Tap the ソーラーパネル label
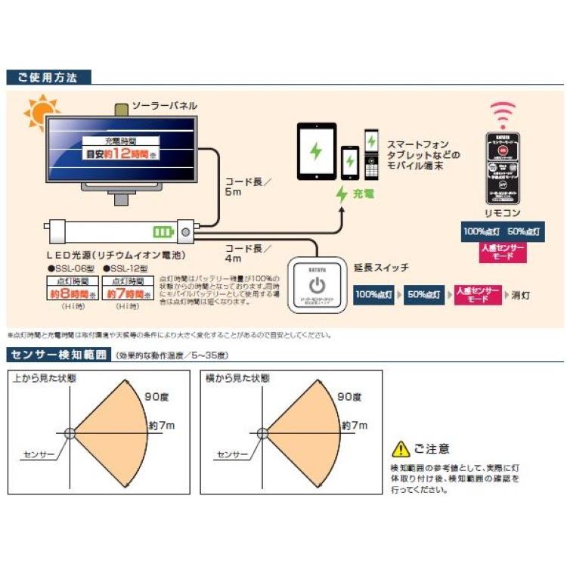click(164, 106)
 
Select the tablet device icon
click(316, 151)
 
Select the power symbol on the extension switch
click(318, 287)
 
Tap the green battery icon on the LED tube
click(162, 231)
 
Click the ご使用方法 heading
click(47, 77)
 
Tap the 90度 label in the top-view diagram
click(156, 395)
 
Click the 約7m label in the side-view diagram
click(354, 426)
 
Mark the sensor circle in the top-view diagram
click(70, 433)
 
